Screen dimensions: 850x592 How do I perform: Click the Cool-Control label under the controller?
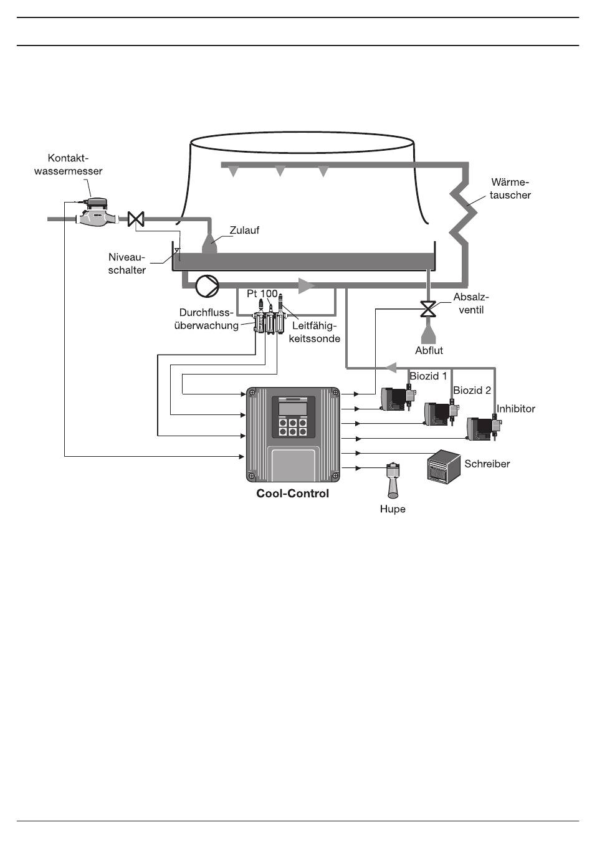coord(292,494)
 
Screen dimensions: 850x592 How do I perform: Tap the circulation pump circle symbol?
coord(207,286)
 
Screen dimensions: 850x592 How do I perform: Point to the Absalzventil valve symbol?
coord(427,308)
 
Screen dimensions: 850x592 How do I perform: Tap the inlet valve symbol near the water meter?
coord(136,219)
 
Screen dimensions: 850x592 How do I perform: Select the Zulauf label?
coord(244,230)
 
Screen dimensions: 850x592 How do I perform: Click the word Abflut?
coord(429,350)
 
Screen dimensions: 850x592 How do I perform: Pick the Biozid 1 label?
coord(428,376)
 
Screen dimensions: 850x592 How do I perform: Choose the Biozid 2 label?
coord(472,390)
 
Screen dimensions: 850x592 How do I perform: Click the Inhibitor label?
coord(516,409)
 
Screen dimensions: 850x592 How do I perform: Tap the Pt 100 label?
coord(262,294)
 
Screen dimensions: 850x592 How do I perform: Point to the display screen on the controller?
coord(293,409)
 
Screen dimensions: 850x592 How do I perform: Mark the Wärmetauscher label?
coord(510,189)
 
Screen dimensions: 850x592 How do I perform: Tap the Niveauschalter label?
coord(127,264)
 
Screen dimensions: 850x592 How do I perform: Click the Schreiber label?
coord(487,464)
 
